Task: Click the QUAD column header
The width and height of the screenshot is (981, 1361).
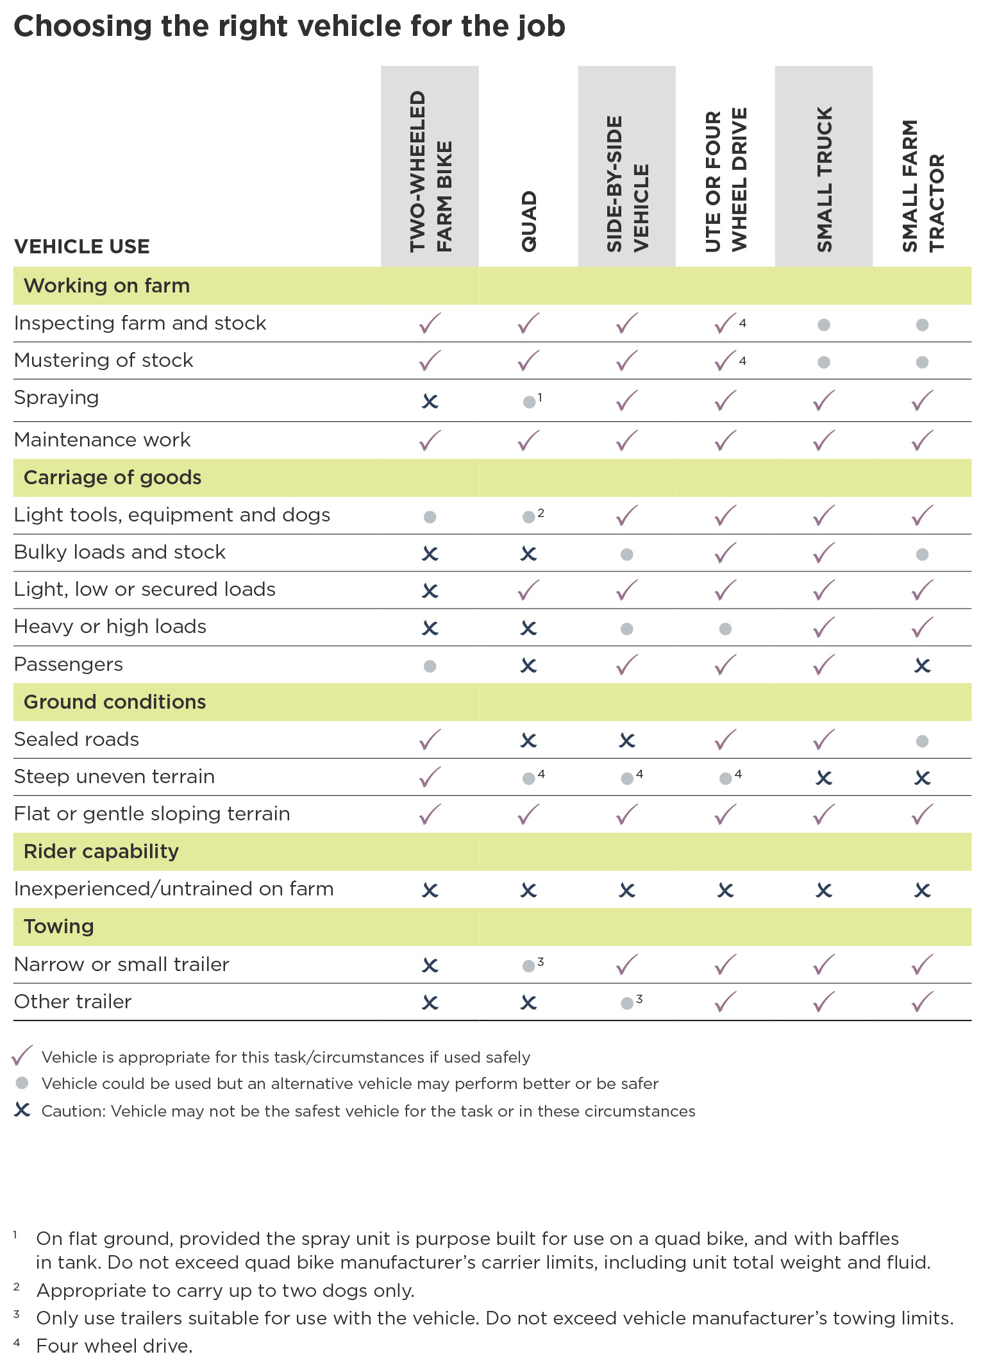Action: pos(529,221)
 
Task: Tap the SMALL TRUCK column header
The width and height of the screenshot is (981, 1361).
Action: pos(824,180)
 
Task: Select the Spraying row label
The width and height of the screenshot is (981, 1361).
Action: pos(56,398)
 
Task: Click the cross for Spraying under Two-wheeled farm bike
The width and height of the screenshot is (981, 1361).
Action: pos(430,402)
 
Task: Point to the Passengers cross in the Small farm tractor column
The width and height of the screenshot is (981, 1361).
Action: pos(922,666)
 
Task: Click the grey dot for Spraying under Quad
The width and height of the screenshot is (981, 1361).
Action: pos(529,402)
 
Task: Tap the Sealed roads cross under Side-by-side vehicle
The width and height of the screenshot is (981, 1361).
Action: pos(627,741)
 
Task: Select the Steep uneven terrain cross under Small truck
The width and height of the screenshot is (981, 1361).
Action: pos(824,778)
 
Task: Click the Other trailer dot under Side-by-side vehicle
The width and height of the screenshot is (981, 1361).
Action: pos(627,1003)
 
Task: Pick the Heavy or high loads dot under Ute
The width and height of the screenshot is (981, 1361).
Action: pos(725,629)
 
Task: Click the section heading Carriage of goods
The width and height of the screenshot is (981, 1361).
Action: pos(112,478)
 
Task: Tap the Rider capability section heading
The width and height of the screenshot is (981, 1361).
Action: pos(101,852)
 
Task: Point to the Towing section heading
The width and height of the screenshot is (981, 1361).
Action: pos(59,927)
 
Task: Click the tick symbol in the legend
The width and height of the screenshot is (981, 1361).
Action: pos(22,1056)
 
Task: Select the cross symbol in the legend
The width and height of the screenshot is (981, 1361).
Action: pos(22,1110)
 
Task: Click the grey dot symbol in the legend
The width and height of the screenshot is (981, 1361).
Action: pos(22,1083)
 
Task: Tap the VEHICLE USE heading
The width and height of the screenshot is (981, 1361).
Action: pos(82,246)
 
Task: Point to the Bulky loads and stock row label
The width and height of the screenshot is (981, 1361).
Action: pos(120,552)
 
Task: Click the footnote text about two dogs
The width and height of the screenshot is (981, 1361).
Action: pos(225,1290)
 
